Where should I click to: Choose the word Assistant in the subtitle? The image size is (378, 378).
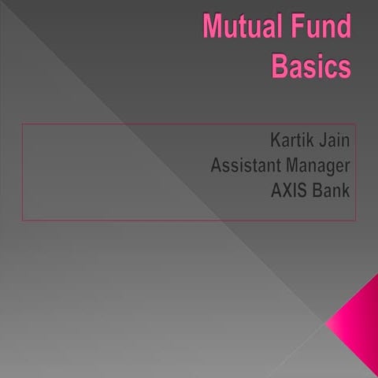(246, 167)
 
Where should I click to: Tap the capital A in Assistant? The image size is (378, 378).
(216, 167)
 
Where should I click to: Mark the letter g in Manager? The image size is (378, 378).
(333, 169)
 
